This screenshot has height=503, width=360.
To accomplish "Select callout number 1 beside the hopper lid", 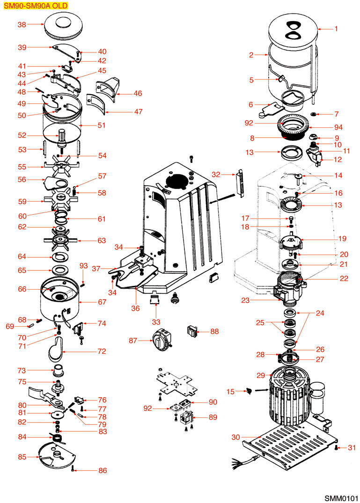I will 336,29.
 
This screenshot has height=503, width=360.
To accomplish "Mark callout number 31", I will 352,448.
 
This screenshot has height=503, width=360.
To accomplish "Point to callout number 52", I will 22,136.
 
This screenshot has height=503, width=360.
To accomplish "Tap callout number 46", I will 138,94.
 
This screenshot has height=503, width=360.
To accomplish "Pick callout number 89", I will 213,417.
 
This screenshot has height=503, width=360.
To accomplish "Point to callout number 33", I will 155,322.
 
